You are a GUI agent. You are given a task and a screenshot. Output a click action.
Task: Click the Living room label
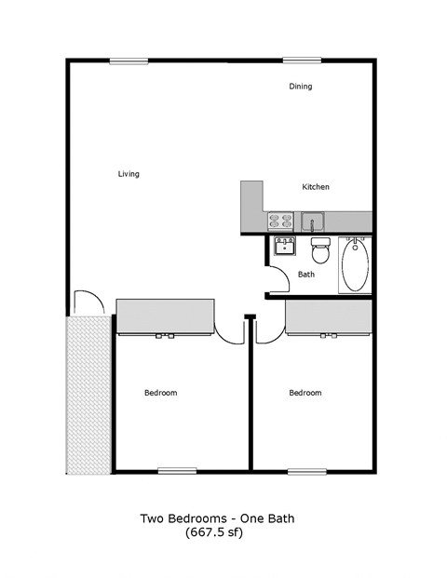coord(129,174)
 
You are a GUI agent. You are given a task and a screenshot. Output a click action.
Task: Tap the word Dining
coord(300,87)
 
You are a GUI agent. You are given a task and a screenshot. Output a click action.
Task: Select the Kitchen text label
coord(315,187)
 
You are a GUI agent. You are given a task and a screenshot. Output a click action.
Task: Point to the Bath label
coord(305,275)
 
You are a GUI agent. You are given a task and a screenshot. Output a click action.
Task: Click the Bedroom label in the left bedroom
coord(160,393)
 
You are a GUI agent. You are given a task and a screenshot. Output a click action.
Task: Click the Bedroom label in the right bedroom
coord(305,393)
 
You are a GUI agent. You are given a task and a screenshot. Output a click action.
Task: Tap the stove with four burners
coord(280,222)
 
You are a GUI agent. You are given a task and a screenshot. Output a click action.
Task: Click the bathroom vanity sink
coord(283,248)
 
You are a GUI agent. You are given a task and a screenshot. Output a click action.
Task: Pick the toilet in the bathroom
coord(320,250)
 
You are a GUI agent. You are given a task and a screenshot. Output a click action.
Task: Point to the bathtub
coord(355,265)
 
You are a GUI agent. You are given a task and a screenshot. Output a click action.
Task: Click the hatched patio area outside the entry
coord(88,394)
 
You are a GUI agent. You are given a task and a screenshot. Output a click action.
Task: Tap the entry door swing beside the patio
coord(84,302)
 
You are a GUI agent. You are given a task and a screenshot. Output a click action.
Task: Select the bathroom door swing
coord(278,280)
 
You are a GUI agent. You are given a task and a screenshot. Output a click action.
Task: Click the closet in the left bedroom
coord(165,316)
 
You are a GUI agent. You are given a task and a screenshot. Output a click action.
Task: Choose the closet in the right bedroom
coord(329,316)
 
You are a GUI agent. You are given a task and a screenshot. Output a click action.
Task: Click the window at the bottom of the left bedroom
coord(177,470)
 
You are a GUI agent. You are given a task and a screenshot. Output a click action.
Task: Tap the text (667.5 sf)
coord(223,533)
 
